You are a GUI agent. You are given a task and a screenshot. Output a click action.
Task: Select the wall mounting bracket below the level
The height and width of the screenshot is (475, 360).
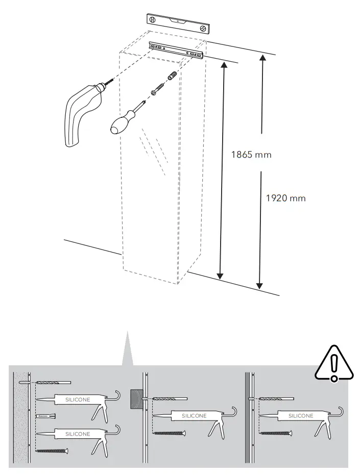[176, 50]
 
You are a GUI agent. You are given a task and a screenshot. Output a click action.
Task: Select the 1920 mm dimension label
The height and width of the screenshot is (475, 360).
[286, 198]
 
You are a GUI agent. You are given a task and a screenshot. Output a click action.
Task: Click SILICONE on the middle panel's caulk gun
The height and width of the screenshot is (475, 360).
[195, 416]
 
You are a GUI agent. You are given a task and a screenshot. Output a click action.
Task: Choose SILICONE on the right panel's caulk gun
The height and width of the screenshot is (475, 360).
[301, 416]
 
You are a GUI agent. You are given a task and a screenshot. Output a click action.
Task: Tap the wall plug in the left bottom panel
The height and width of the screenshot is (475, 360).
[45, 416]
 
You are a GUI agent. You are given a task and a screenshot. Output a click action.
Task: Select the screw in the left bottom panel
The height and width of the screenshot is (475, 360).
[52, 451]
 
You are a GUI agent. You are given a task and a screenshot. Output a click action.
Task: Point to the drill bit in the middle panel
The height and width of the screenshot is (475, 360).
[170, 398]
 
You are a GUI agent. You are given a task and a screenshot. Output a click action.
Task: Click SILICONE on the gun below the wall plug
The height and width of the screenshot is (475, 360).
[78, 434]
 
